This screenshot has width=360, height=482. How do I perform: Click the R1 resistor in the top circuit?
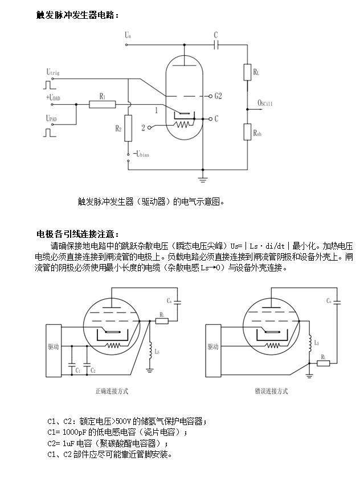(103, 104)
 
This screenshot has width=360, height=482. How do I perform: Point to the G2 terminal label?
(217, 95)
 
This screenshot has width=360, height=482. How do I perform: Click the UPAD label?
(52, 119)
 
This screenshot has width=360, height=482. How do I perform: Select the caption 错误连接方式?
(271, 391)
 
